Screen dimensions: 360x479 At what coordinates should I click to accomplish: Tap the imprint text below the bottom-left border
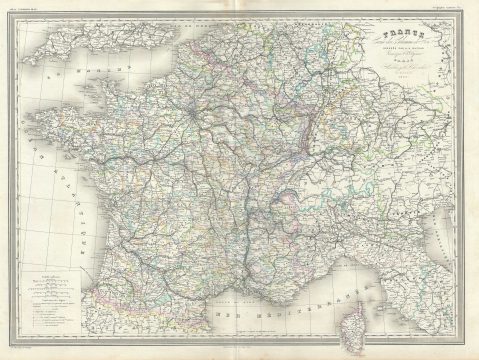(30, 352)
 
